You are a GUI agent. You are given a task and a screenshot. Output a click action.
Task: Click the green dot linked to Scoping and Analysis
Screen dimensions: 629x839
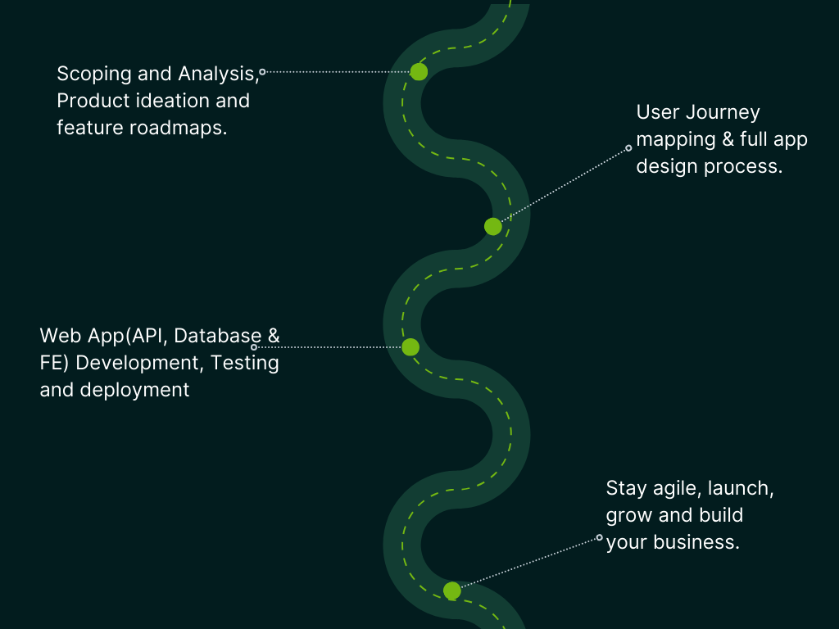419,72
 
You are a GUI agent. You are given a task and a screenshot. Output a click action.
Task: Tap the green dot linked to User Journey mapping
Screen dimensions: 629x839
492,226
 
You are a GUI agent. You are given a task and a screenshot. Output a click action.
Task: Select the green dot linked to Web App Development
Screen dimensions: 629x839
410,347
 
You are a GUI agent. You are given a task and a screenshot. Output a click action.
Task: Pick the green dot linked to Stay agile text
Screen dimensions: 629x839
451,591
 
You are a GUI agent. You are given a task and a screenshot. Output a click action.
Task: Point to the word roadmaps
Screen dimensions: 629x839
187,128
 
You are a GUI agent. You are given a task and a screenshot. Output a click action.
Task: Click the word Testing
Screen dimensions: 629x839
246,362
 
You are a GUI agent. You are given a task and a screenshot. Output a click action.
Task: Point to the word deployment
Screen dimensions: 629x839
134,390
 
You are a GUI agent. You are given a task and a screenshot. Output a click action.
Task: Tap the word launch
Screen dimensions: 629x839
740,489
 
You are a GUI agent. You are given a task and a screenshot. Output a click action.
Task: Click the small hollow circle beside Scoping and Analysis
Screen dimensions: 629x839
262,72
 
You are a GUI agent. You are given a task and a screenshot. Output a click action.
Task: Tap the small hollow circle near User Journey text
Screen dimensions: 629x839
628,148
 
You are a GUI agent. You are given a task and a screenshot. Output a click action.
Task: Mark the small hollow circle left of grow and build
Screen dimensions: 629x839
599,538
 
